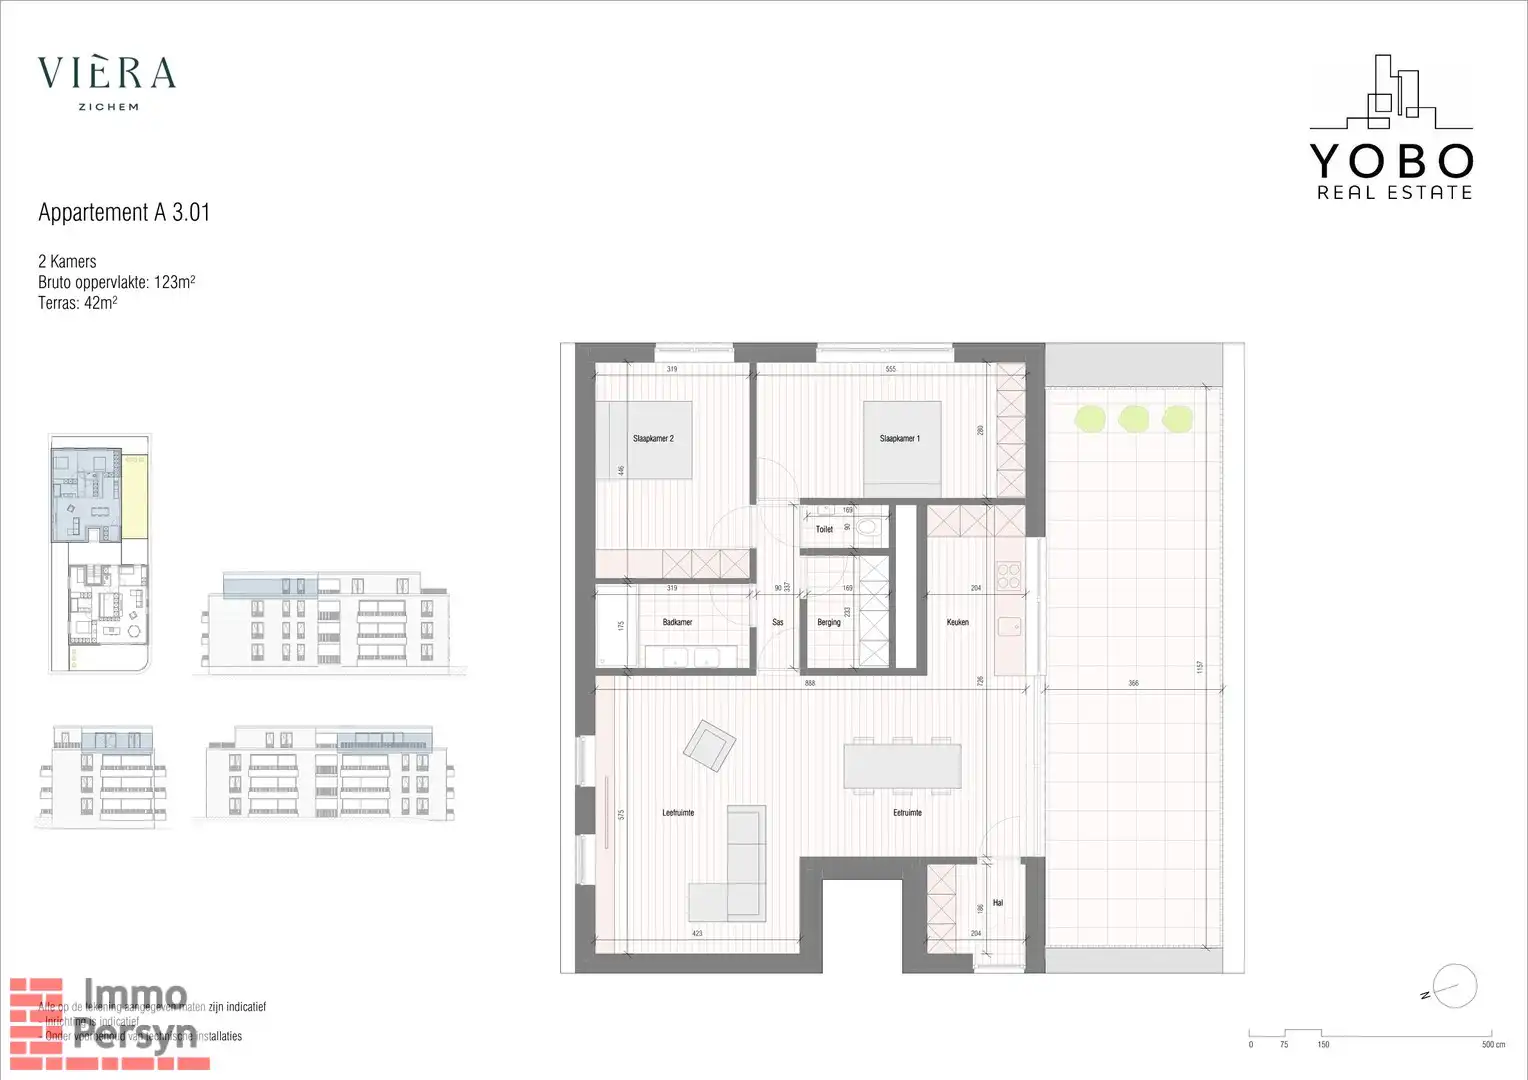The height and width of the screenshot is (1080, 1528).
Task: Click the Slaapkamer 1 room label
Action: point(899,439)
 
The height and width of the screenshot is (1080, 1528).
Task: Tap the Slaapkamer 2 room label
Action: point(653,439)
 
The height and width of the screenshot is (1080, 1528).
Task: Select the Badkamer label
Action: point(677,622)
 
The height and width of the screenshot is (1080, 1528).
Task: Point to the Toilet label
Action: point(824,529)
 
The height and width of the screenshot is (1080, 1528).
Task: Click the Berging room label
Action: point(829,622)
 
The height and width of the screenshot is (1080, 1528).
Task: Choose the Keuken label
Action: point(957,622)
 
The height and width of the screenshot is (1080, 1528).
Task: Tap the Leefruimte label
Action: point(678,813)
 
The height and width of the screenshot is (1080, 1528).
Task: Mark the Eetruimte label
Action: point(907,813)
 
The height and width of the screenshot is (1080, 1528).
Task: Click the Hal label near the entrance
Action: point(997,903)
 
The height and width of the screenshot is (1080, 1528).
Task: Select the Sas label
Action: point(778,622)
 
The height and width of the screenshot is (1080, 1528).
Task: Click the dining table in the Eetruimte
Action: point(902,766)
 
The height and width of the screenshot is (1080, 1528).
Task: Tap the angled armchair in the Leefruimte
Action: point(709,745)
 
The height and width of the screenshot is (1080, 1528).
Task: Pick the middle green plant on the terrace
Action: point(1133,418)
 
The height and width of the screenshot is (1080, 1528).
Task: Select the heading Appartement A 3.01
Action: point(124,212)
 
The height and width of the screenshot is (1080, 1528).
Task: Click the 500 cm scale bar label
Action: point(1493,1045)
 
